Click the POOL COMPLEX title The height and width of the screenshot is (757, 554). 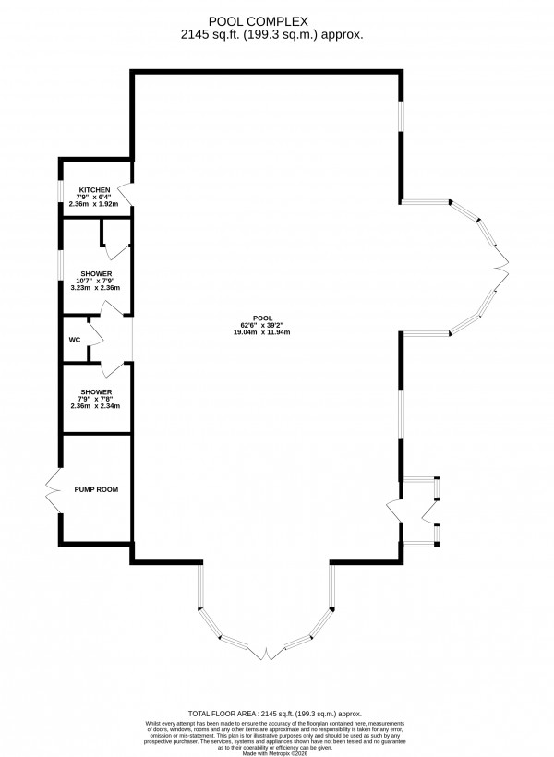point(276,18)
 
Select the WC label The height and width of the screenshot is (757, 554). point(74,340)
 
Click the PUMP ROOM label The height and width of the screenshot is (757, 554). point(97,489)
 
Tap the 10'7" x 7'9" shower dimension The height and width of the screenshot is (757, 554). point(96,282)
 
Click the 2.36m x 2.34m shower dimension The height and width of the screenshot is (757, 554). point(96,406)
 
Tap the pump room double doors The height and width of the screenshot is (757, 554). point(52,489)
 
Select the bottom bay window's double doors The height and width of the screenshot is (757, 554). point(268,653)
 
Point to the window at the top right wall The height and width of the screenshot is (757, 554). point(400,115)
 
